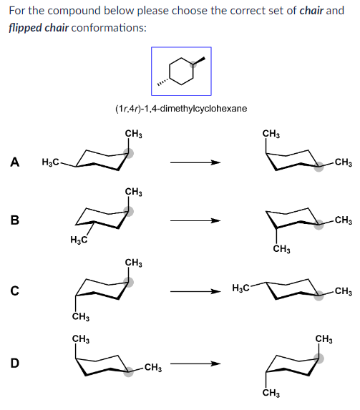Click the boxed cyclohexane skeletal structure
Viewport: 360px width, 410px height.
pos(181,72)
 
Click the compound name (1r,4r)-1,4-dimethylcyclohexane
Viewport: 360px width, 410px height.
pos(180,109)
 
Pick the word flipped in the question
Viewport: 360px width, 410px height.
pos(26,27)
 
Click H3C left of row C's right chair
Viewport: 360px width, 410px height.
pos(241,288)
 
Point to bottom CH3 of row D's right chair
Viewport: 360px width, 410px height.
pos(271,394)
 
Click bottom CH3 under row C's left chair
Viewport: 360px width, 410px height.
pos(80,316)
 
